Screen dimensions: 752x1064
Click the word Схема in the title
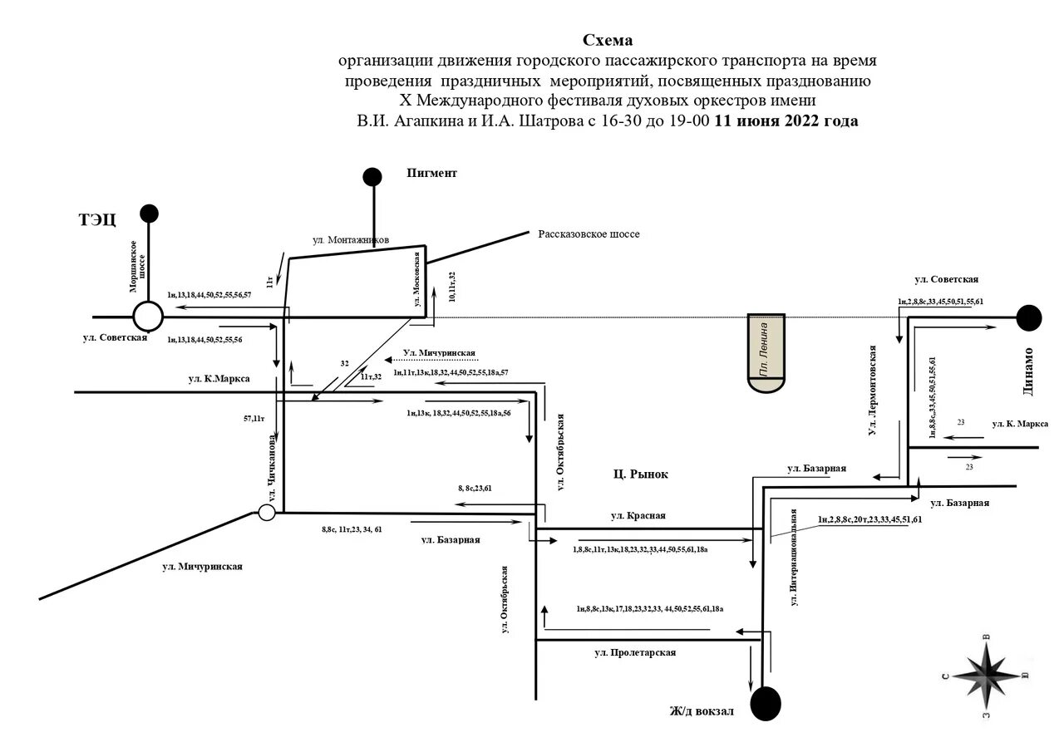(x=608, y=40)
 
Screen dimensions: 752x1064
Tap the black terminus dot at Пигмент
(x=372, y=176)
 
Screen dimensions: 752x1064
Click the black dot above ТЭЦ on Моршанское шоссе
(x=149, y=214)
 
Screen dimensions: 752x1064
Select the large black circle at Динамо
(x=1029, y=317)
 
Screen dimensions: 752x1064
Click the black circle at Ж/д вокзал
(x=766, y=703)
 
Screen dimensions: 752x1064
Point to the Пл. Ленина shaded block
(x=766, y=354)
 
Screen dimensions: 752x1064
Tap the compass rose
(x=987, y=674)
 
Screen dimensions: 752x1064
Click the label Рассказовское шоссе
(x=589, y=234)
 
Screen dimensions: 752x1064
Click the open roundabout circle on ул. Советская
(x=148, y=317)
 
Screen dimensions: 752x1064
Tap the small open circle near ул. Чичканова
(x=266, y=513)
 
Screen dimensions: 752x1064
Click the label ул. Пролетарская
(x=635, y=652)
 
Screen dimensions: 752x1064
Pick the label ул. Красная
(x=638, y=515)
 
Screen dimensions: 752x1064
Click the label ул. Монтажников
(x=351, y=239)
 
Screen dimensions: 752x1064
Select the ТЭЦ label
(x=97, y=220)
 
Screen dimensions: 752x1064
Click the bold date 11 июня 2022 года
(x=786, y=120)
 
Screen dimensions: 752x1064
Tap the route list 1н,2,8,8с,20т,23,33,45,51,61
(x=869, y=519)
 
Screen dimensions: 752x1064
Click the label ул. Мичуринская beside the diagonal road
(x=202, y=567)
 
